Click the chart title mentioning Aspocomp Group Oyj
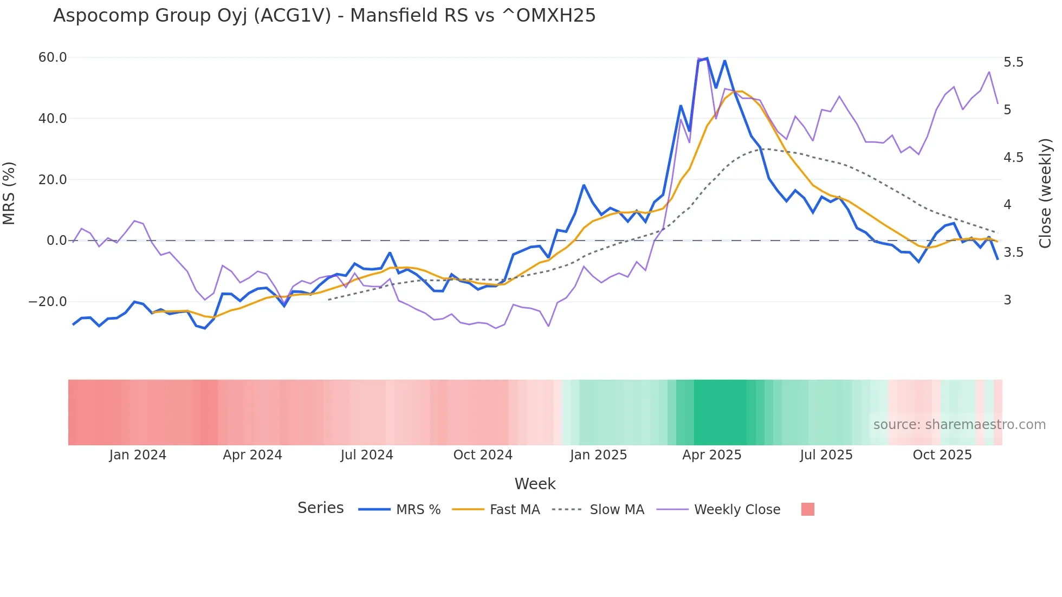pos(324,16)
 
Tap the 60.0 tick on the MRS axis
pos(52,57)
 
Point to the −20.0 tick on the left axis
pos(48,302)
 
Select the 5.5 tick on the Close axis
pos(1013,62)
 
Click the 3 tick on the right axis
pos(1007,300)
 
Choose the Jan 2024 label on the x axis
pos(138,455)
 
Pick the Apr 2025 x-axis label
pos(711,455)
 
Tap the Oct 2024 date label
pos(482,455)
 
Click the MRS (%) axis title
pos(9,193)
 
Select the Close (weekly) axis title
pos(1045,193)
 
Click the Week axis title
pos(535,484)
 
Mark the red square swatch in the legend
pos(807,509)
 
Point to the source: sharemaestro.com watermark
pos(959,425)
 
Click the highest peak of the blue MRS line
pos(707,59)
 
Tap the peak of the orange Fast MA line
pos(741,92)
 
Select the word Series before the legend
pos(320,508)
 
